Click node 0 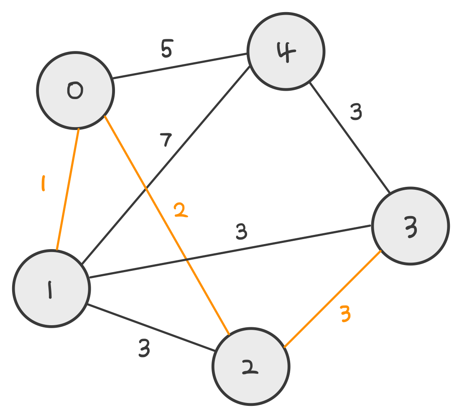coord(75,90)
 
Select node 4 coord(286,51)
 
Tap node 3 coord(410,226)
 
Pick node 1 coord(51,288)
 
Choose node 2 coord(250,366)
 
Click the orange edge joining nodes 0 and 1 coord(67,189)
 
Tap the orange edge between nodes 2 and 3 coord(332,299)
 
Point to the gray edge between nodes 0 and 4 coord(180,66)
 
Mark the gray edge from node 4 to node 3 coord(350,138)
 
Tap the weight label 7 coord(166,141)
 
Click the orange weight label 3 coord(345,314)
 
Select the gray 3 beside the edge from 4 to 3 coord(356,112)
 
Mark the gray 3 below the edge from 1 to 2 coord(144,349)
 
